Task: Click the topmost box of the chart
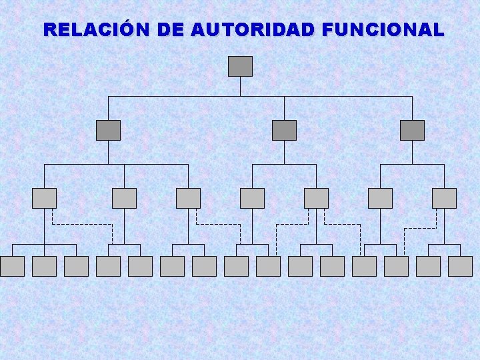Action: tap(240, 66)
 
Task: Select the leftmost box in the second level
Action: tap(108, 130)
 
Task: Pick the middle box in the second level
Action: tap(284, 130)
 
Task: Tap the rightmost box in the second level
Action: tap(412, 130)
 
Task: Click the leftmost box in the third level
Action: tap(44, 198)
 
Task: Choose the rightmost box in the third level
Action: tap(444, 198)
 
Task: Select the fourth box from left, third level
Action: tap(252, 198)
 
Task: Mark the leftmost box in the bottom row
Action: tap(12, 266)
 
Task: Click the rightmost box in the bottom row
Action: tap(460, 266)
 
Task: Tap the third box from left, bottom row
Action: tap(76, 266)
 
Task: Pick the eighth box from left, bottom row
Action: tap(236, 266)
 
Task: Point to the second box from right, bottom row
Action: tap(428, 266)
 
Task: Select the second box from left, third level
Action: tap(124, 198)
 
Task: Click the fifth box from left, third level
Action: tap(316, 198)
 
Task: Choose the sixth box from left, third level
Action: tap(380, 198)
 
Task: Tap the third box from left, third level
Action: tap(188, 198)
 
